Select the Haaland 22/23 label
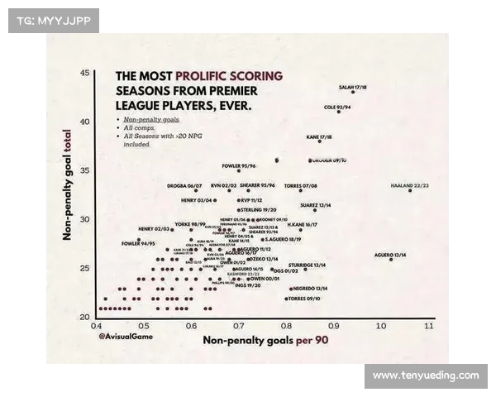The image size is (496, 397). coord(409,185)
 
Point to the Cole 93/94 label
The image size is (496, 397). coord(337,107)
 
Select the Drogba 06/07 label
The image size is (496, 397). coord(184,185)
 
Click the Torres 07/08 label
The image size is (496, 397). coord(300,185)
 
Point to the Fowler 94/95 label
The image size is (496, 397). coord(138,243)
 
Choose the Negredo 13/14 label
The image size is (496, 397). coord(310,288)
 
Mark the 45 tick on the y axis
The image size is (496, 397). coord(84,74)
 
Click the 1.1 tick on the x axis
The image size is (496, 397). coord(428,326)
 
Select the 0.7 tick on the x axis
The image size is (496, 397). coord(239,326)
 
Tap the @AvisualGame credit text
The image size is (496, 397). coord(123,337)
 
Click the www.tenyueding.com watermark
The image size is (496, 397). coord(425,375)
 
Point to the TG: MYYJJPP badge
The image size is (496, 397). coord(53,21)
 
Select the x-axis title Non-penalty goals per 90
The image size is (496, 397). coord(265,340)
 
